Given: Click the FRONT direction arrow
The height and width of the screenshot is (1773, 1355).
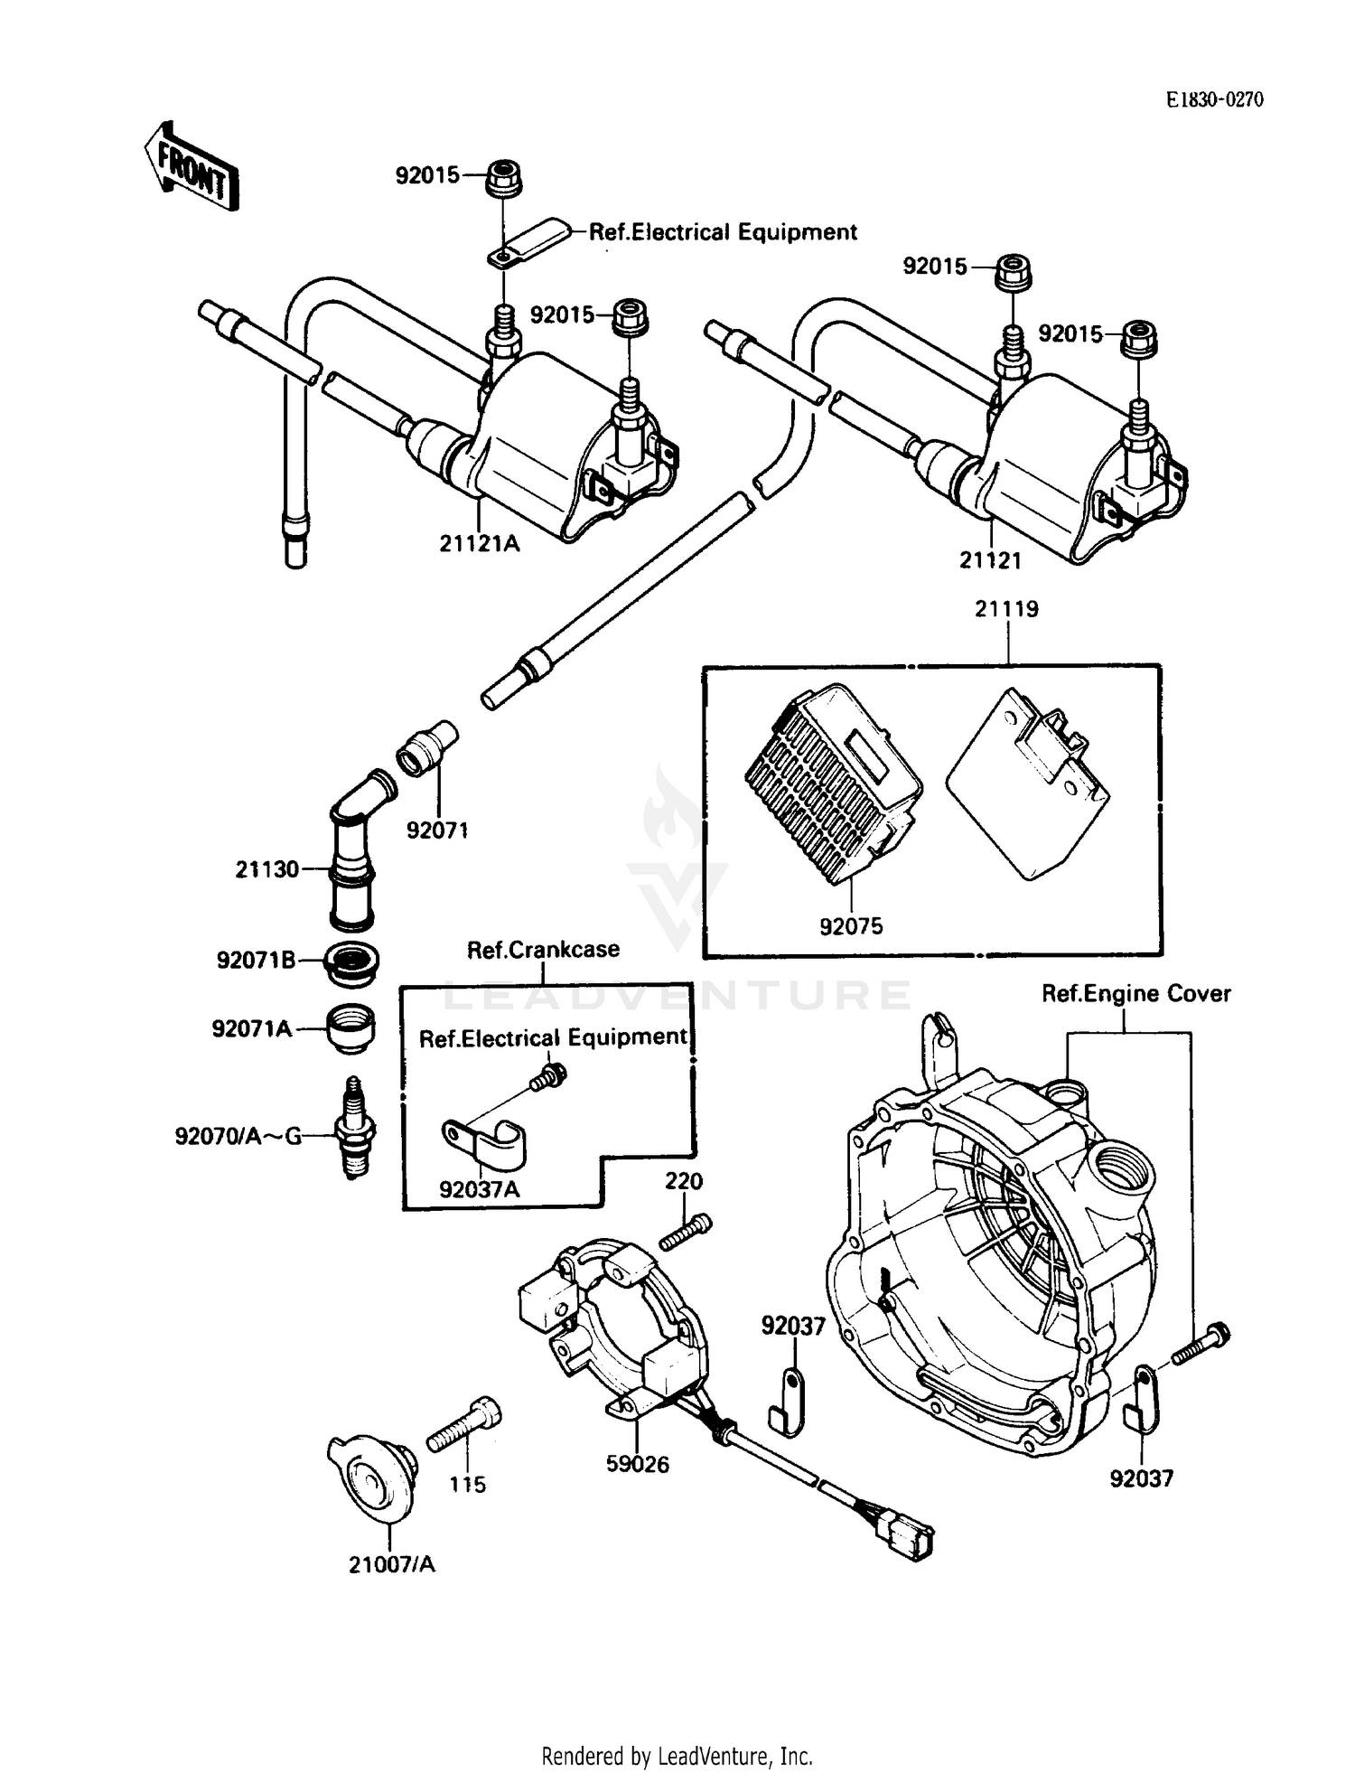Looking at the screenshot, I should coord(192,167).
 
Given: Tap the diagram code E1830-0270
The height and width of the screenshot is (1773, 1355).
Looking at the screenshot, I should coord(1214,99).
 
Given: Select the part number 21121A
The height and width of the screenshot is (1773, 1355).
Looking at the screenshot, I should coord(480,543).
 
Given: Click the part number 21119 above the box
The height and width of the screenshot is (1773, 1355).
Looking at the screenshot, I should coord(1006,609).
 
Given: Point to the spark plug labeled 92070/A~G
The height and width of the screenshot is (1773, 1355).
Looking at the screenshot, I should coord(355,1127).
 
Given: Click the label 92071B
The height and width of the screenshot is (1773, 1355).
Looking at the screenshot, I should coord(256,960).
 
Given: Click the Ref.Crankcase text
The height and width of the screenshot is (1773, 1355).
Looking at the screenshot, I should coord(543,950).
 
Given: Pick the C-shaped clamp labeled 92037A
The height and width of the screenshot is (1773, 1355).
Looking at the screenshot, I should coord(484,1141).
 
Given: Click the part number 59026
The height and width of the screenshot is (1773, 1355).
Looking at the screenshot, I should coord(638,1464).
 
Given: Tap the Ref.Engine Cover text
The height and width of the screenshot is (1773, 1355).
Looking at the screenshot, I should coord(1135,994).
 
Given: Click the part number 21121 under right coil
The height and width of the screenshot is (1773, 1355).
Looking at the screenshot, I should coord(990,560).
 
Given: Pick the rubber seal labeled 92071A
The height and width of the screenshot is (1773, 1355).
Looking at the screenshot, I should coord(350,1027).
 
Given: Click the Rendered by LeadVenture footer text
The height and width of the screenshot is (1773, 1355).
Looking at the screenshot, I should coord(677,1757).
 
